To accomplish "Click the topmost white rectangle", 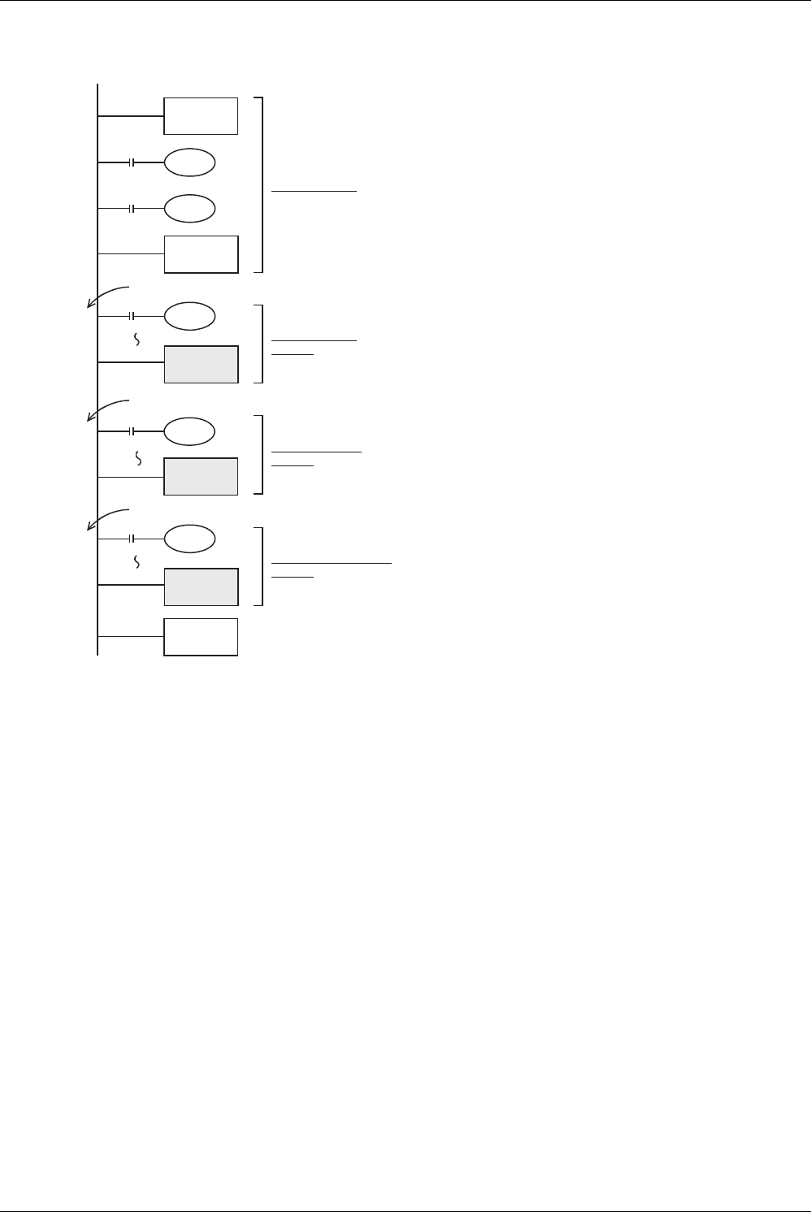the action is point(201,116).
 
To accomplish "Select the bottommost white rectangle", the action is point(201,637).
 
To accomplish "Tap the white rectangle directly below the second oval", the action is point(201,254).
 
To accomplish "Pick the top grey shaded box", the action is point(201,364).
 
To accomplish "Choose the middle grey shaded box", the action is point(201,476).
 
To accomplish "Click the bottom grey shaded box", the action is point(201,587).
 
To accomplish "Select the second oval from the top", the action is point(189,209).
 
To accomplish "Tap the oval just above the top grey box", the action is point(189,316).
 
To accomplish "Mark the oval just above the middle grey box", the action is point(189,431).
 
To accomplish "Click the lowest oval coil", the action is point(189,539).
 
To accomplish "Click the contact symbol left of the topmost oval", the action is point(132,163).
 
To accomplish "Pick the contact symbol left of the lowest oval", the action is point(132,539).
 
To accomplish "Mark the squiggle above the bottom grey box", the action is point(137,562).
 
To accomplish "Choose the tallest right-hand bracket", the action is point(261,184).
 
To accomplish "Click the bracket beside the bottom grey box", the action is point(261,566).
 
